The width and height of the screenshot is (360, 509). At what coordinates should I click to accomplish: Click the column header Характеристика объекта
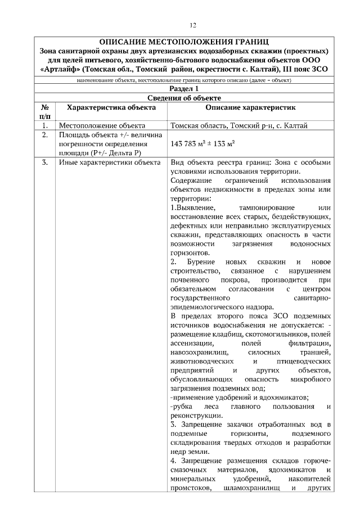click(x=111, y=106)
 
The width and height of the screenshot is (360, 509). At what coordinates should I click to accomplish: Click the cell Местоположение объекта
click(x=102, y=125)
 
